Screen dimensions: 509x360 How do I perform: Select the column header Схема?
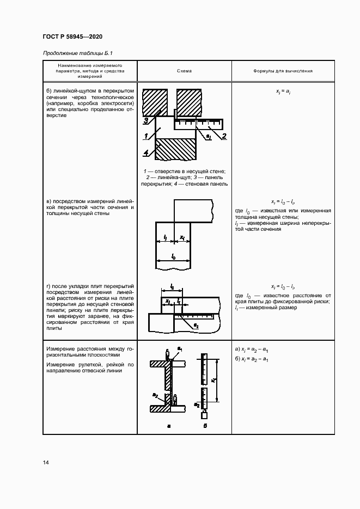(184, 71)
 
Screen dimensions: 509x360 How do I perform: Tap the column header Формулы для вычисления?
(282, 71)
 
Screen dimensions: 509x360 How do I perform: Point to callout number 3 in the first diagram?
(146, 120)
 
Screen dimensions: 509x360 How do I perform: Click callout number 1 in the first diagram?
(147, 136)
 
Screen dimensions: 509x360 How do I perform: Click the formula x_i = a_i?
(282, 93)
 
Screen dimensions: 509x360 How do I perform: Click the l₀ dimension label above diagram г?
(172, 286)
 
